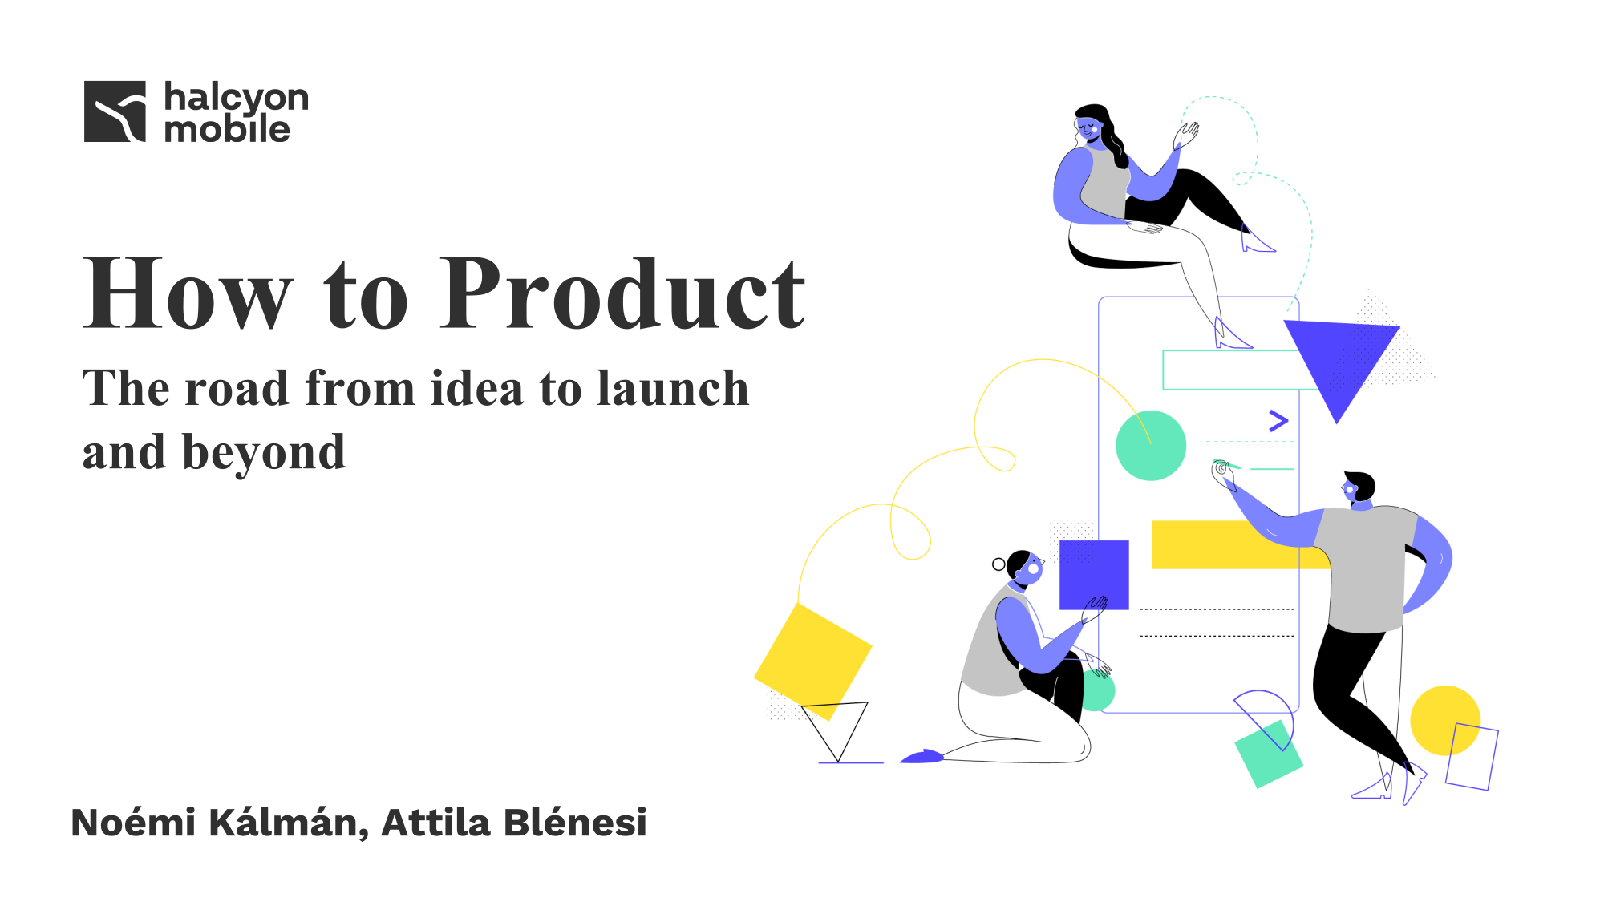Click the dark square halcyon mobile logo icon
[x=115, y=111]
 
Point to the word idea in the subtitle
[x=478, y=388]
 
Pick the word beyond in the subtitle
[x=264, y=454]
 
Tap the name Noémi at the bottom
[x=133, y=823]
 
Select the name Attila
[x=435, y=823]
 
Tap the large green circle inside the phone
[x=1151, y=446]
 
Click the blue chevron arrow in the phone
[x=1278, y=420]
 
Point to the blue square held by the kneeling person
[x=1094, y=575]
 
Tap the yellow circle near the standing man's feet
[x=1445, y=720]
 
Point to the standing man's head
[x=1359, y=487]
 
